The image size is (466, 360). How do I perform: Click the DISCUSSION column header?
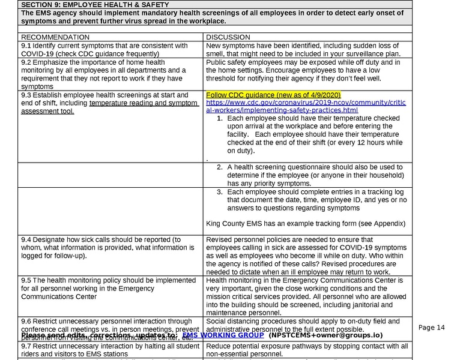(x=227, y=37)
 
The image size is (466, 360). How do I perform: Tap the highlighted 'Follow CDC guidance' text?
(x=273, y=95)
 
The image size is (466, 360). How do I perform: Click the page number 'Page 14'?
(x=432, y=328)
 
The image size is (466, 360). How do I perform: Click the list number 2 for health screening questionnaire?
(x=220, y=167)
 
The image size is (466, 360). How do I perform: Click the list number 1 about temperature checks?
(x=220, y=119)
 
